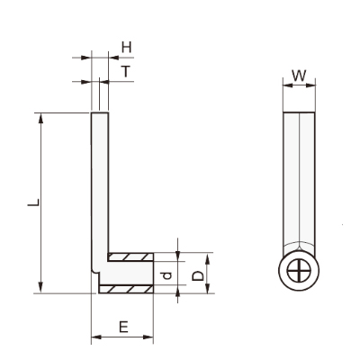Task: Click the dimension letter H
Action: coord(127,48)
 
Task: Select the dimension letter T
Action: coord(126,71)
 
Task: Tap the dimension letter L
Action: coord(33,202)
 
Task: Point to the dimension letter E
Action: coord(123,327)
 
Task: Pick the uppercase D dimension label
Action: coord(197,275)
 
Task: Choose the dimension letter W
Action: coord(299,76)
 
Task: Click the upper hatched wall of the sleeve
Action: coord(130,256)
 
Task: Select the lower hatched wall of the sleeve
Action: coord(126,289)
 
